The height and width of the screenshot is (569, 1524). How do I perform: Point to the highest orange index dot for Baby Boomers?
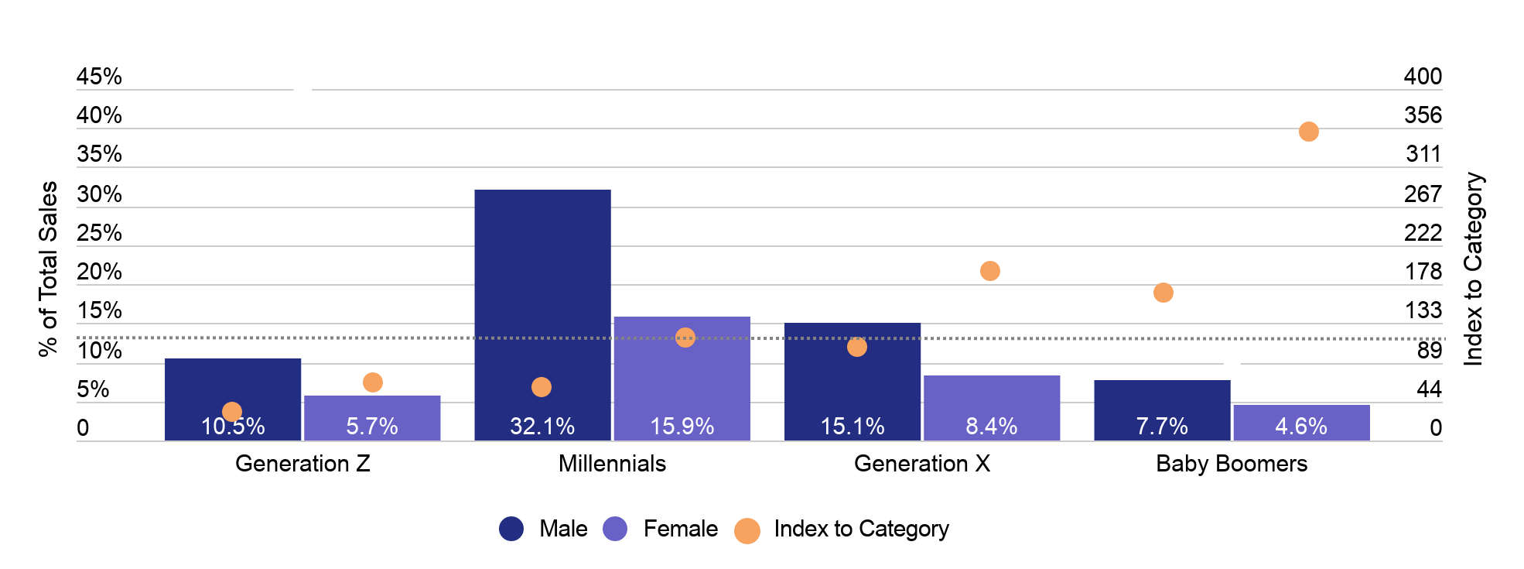[1308, 132]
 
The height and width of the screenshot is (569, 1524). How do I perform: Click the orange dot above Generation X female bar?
[989, 271]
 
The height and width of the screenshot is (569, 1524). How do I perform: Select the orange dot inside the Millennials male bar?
[542, 387]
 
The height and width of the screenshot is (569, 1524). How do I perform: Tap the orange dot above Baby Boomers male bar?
[1163, 293]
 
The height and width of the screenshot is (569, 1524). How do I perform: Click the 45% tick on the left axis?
[99, 77]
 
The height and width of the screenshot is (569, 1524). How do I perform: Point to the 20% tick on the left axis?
[99, 272]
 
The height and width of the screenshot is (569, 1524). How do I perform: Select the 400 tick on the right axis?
[1422, 77]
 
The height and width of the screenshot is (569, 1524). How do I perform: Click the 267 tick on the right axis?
[1422, 194]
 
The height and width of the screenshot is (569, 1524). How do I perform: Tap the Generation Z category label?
[302, 464]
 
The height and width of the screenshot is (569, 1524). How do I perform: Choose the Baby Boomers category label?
[1231, 464]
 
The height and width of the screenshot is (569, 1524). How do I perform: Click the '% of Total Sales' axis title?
[48, 269]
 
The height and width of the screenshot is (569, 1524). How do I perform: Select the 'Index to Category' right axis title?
[1473, 269]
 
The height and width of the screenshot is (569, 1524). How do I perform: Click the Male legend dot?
[511, 529]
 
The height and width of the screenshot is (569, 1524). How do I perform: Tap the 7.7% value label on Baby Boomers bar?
[1161, 427]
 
